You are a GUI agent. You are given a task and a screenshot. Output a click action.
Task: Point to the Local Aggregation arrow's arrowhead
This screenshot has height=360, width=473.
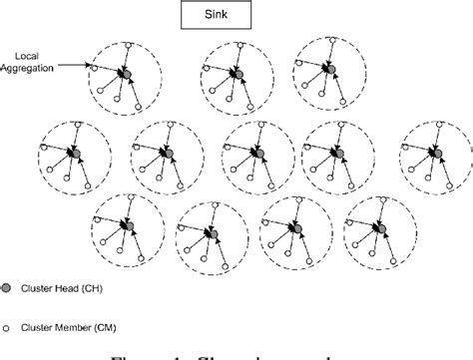pos(91,68)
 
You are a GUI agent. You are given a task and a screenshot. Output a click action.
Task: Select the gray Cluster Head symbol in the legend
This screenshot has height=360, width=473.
pos(9,285)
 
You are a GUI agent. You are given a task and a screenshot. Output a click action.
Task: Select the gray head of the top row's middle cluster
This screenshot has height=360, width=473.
pos(236,76)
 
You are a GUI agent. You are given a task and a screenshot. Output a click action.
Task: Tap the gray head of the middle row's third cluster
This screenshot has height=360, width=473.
pos(262,154)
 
